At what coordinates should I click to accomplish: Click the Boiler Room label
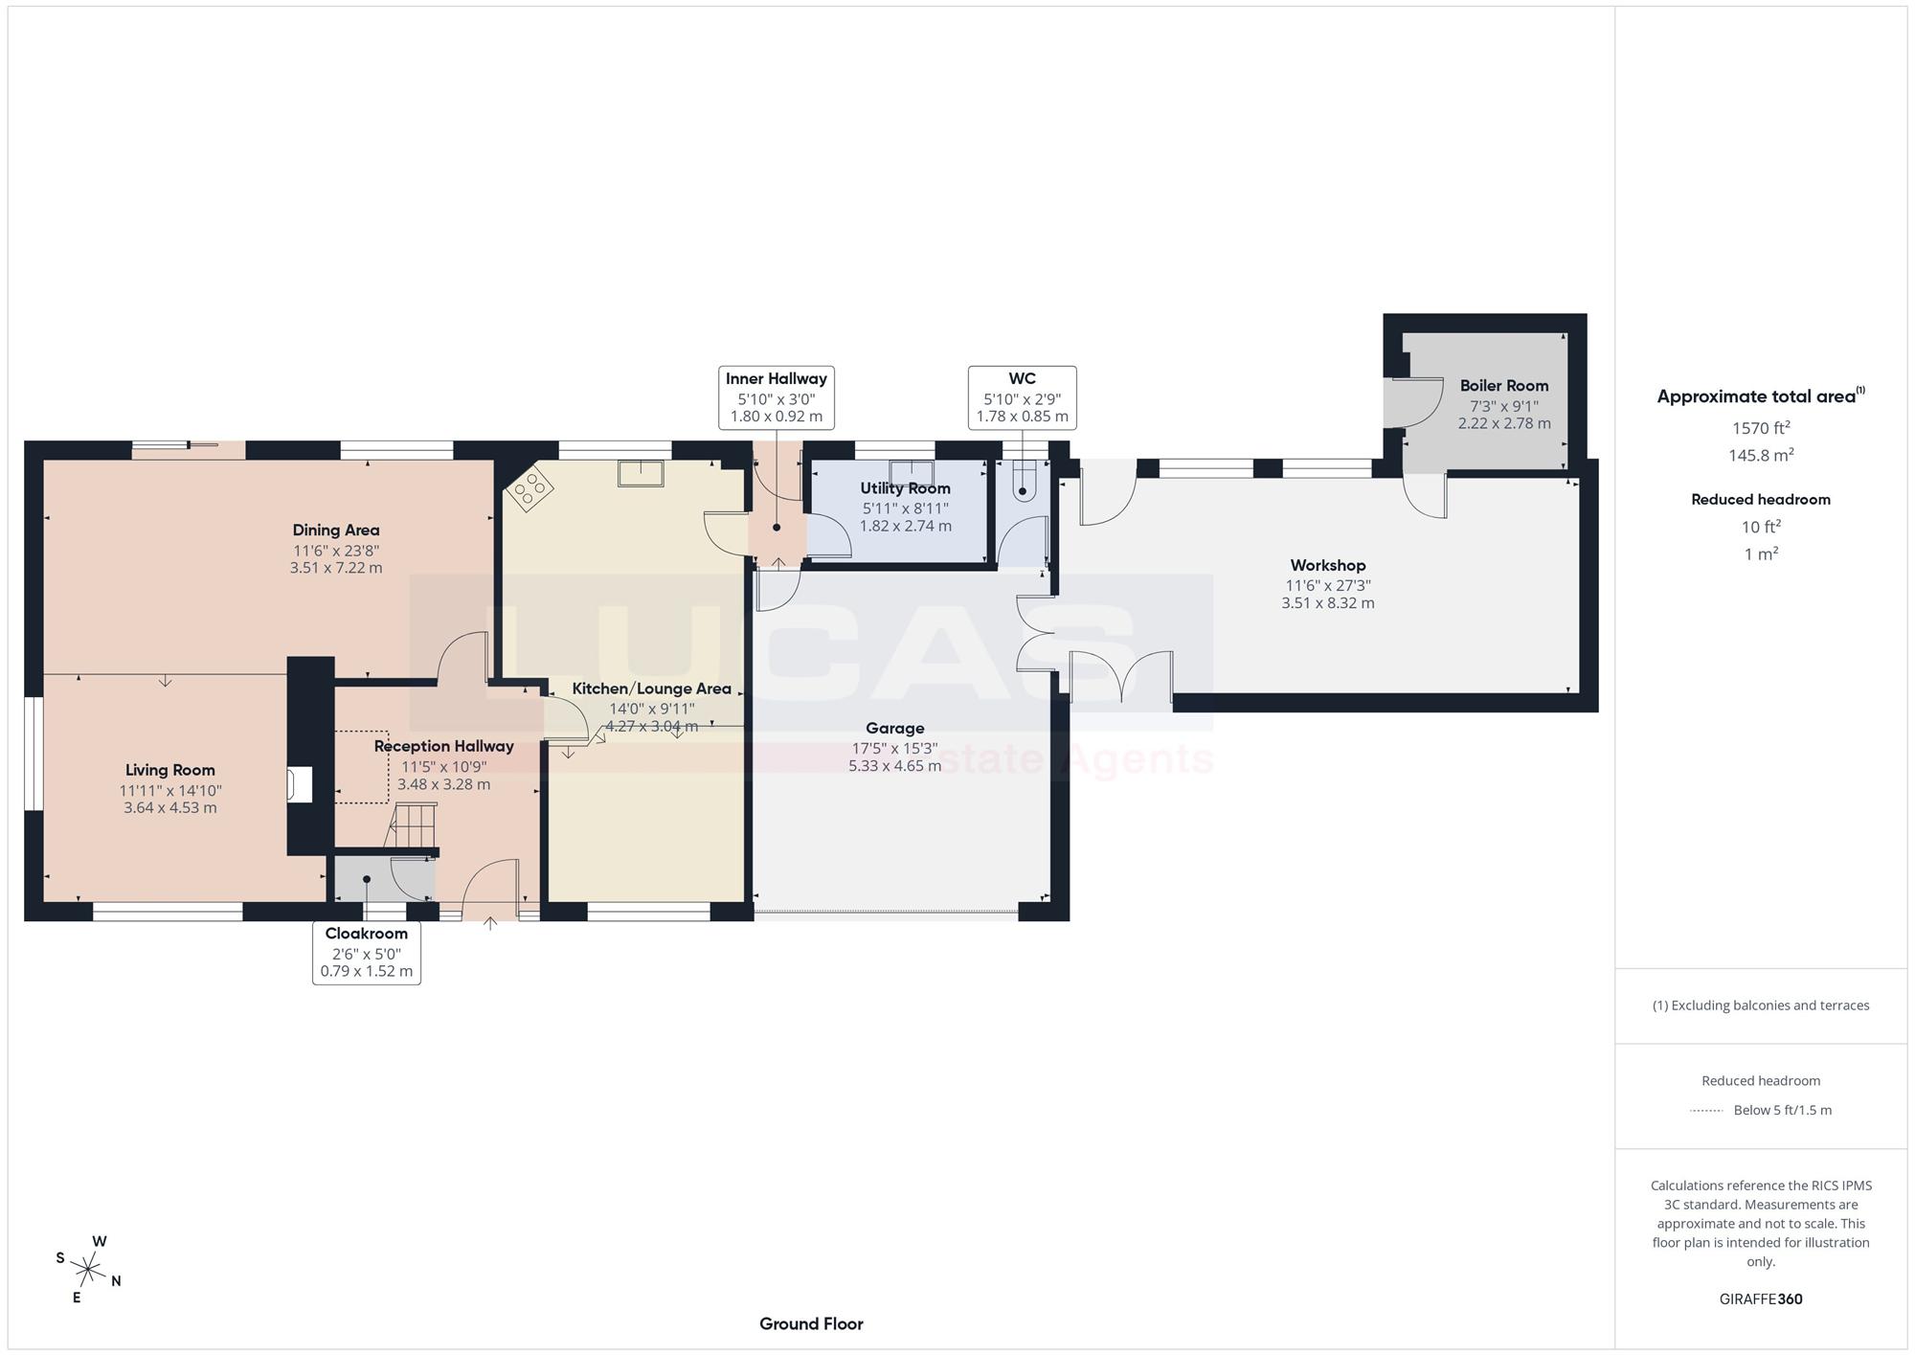(1504, 386)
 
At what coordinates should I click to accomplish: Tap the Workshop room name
(1327, 566)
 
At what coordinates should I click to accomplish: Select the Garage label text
(894, 729)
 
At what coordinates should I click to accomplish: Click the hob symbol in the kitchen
(529, 490)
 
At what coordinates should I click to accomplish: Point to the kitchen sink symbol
(641, 473)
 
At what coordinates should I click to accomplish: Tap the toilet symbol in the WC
(1023, 480)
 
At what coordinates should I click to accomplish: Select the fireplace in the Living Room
(299, 784)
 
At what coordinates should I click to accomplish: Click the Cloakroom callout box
(367, 952)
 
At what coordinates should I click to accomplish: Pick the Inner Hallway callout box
(777, 397)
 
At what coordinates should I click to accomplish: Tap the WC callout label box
(1022, 397)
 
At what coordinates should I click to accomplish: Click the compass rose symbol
(88, 1271)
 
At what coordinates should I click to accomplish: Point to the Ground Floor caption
(811, 1324)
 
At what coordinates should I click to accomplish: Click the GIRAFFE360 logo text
(1761, 1299)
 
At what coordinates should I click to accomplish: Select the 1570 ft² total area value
(1761, 428)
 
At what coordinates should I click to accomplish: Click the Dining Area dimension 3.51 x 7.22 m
(336, 568)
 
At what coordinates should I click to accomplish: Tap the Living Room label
(170, 770)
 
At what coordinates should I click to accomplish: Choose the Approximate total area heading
(1761, 396)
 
